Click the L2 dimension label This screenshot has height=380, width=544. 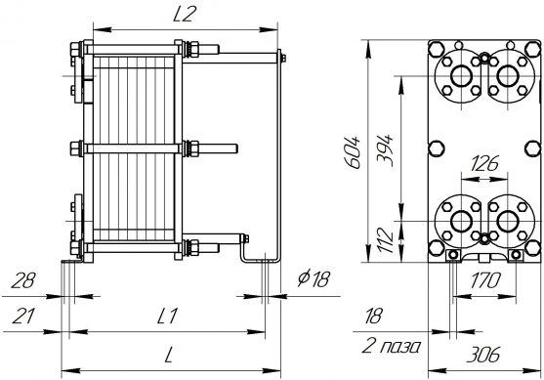click(185, 15)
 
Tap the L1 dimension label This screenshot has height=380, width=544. click(167, 316)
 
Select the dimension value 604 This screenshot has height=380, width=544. click(354, 152)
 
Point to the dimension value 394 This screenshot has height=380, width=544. click(385, 150)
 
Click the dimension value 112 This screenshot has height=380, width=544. click(385, 240)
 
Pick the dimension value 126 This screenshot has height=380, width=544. click(484, 163)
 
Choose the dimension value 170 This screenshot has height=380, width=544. click(485, 280)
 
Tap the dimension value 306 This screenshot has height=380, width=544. click(482, 355)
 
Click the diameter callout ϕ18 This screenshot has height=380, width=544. click(314, 278)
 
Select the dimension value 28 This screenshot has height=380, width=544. click(23, 280)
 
